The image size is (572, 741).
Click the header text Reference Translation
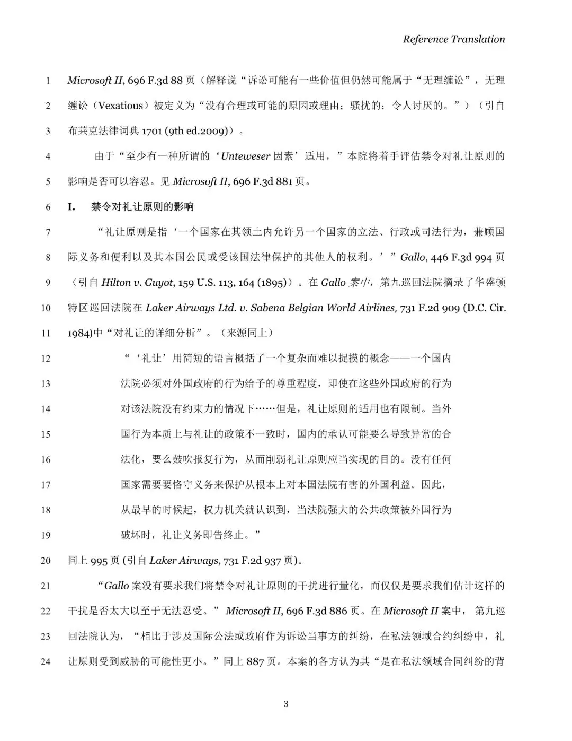click(453, 39)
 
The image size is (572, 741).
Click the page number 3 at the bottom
click(286, 704)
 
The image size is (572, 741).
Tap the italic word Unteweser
click(245, 156)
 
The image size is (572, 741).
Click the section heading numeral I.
click(71, 207)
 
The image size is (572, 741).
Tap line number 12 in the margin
click(46, 359)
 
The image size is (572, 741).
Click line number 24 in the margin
click(46, 661)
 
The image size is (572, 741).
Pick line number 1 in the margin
click(48, 81)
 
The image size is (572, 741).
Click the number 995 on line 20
click(99, 561)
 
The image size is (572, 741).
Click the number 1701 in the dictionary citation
click(151, 131)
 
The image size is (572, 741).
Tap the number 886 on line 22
click(338, 611)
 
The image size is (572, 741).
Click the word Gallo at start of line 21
click(117, 586)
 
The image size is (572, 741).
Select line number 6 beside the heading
click(48, 207)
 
